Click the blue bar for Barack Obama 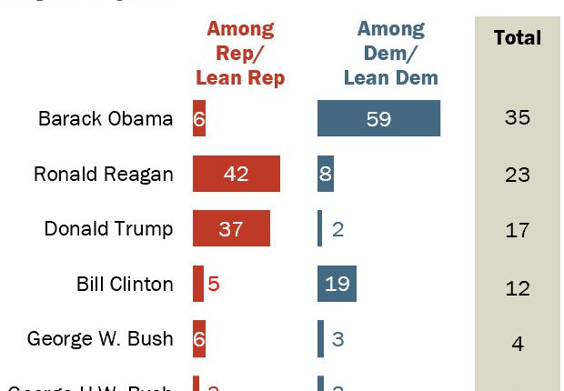[x=378, y=118]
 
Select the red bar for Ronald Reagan [x=236, y=174]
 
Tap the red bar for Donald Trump [x=231, y=229]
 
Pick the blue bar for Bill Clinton [x=337, y=285]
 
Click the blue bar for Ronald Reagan [x=325, y=174]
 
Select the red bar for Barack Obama [x=198, y=118]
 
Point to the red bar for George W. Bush [x=198, y=339]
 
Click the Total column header [x=517, y=38]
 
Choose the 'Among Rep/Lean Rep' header [x=240, y=54]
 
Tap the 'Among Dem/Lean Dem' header [x=390, y=54]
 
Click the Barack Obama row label [x=106, y=118]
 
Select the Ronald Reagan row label [x=103, y=174]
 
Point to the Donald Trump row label [x=108, y=229]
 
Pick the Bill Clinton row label [x=125, y=285]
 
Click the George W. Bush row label [x=100, y=339]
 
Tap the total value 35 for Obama [x=517, y=118]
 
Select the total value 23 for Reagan [x=517, y=174]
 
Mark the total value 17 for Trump [x=517, y=229]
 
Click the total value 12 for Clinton [x=517, y=288]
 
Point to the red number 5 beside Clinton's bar [x=214, y=285]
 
